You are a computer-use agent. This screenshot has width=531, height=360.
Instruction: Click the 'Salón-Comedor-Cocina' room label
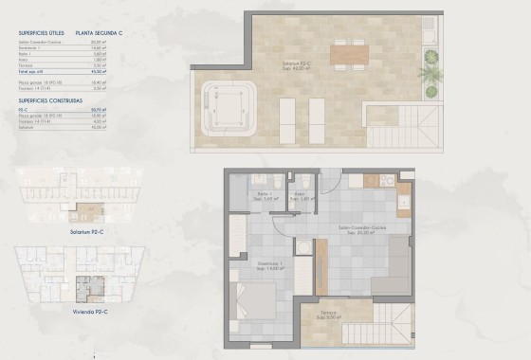pos(362,228)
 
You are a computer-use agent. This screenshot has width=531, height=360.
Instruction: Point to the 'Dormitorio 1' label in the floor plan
pos(268,265)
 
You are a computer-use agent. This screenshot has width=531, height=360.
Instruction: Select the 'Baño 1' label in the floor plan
pos(265,196)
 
